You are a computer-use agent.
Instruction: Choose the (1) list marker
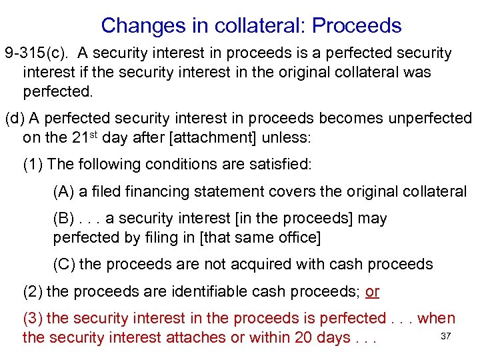pyautogui.click(x=33, y=164)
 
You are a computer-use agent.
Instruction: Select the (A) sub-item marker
pyautogui.click(x=63, y=192)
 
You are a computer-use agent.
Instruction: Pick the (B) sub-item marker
pyautogui.click(x=63, y=219)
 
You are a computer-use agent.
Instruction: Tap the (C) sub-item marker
pyautogui.click(x=64, y=264)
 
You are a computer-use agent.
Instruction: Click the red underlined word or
pyautogui.click(x=372, y=291)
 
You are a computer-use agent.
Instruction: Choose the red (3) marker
pyautogui.click(x=33, y=319)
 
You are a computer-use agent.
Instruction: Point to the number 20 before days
pyautogui.click(x=304, y=337)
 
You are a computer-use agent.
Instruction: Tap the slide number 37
pyautogui.click(x=447, y=335)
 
